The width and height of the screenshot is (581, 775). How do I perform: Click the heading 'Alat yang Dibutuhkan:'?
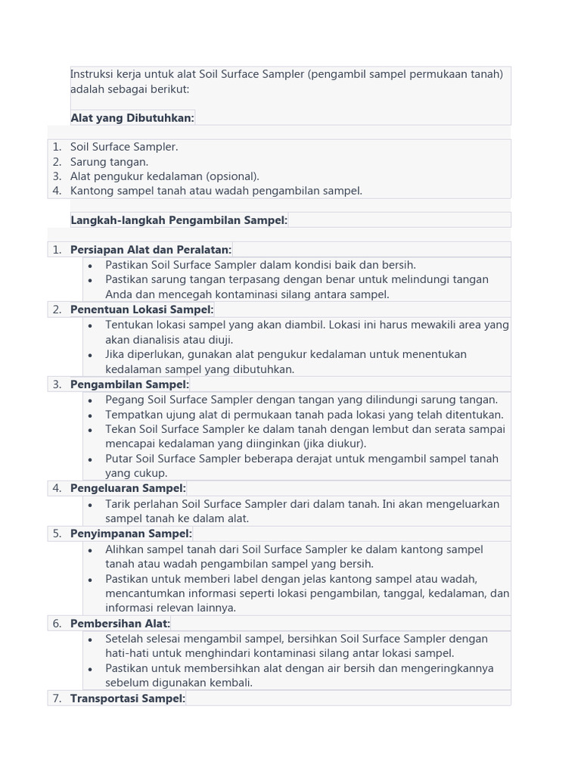(x=132, y=117)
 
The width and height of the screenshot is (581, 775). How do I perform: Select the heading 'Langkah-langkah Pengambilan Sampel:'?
(x=179, y=219)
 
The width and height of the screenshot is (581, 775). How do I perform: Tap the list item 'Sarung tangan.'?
(x=109, y=161)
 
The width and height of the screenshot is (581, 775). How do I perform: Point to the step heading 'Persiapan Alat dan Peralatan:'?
(x=151, y=249)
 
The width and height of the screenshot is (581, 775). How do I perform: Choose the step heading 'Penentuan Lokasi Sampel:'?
(x=142, y=309)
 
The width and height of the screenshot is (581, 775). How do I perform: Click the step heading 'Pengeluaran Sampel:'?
(x=128, y=488)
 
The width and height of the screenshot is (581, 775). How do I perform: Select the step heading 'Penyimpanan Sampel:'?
(x=131, y=534)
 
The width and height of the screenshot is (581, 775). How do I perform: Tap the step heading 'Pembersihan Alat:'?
(x=120, y=623)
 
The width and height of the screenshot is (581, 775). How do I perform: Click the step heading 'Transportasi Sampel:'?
(x=128, y=698)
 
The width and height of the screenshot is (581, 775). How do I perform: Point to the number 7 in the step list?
(x=57, y=698)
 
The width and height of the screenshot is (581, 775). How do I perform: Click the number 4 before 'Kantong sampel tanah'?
(x=57, y=191)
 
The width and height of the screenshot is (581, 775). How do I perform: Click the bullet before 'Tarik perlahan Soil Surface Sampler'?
(x=90, y=504)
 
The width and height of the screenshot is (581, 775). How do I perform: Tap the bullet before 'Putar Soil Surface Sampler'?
(x=90, y=459)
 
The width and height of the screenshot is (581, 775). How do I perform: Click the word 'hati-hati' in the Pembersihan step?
(x=127, y=652)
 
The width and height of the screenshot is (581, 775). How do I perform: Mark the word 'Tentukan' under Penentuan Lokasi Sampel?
(x=128, y=325)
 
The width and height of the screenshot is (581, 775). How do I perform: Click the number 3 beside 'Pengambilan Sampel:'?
(x=57, y=384)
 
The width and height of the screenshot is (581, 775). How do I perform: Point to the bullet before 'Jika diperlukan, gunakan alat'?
(x=90, y=354)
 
